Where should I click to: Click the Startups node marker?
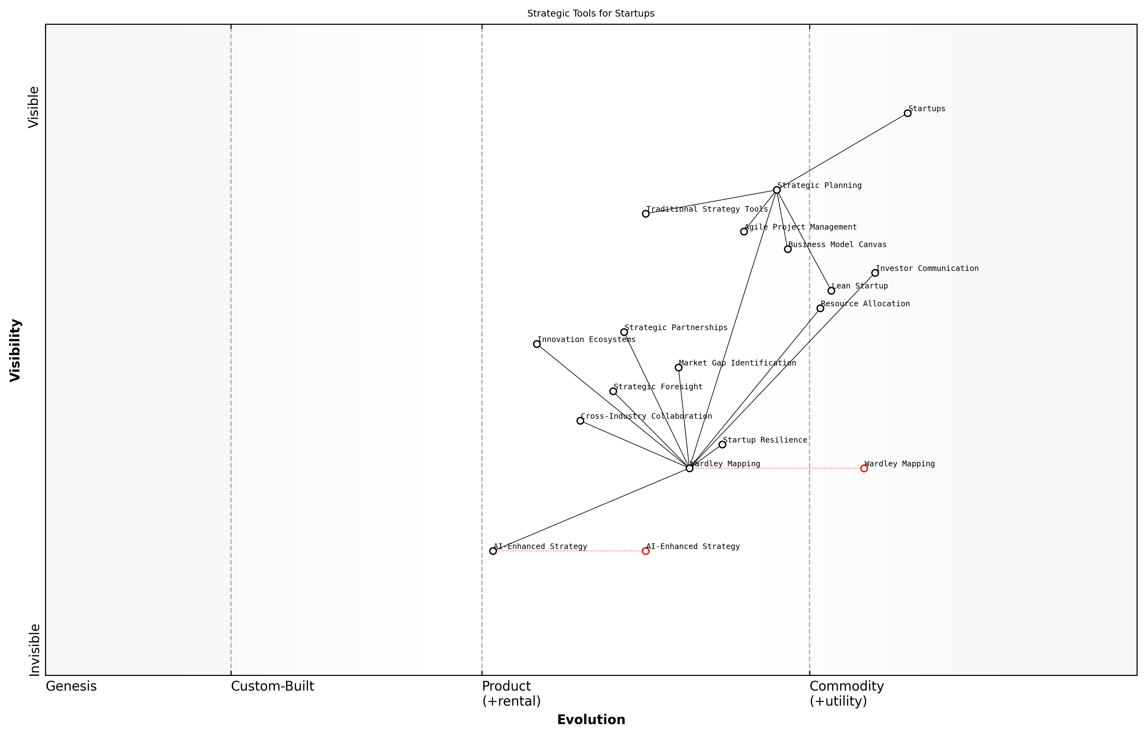[907, 113]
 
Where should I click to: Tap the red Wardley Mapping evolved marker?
[864, 468]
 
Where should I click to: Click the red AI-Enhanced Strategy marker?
[646, 551]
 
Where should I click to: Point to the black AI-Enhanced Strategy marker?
[493, 551]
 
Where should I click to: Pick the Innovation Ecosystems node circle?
[537, 344]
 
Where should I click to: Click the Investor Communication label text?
[927, 269]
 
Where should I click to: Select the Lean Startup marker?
[831, 291]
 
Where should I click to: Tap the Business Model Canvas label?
[837, 245]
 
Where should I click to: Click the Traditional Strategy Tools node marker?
[646, 214]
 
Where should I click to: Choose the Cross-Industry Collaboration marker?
[580, 421]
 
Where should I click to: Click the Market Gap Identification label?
[737, 363]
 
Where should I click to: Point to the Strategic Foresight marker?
[613, 391]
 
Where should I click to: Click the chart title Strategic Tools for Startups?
[591, 14]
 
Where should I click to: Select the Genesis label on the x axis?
[71, 686]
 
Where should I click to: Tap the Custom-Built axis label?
[272, 686]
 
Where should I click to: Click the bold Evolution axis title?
[591, 720]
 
